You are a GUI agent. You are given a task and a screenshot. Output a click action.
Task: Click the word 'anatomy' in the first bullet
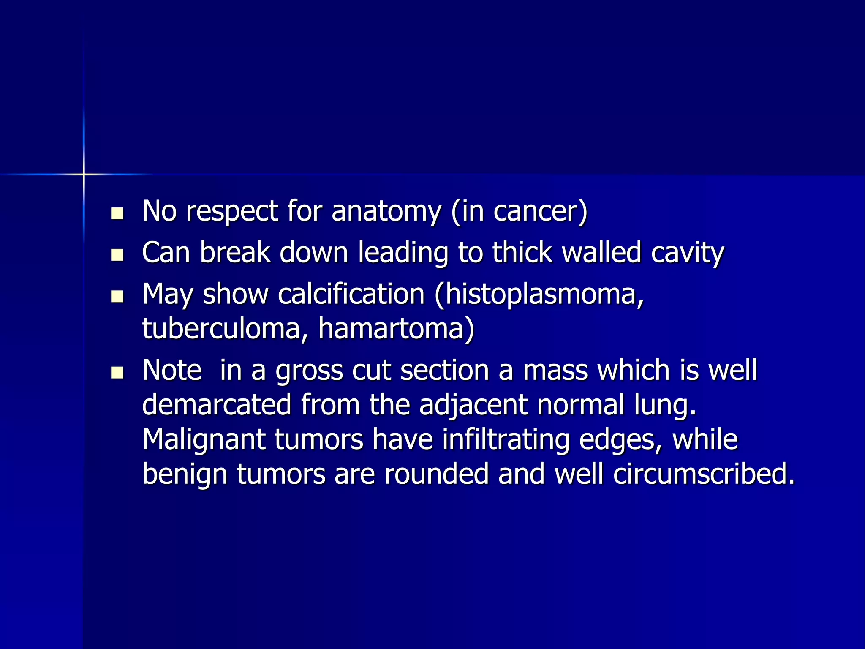[x=386, y=211]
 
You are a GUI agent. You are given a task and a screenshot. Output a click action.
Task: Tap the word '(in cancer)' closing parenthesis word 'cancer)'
[x=540, y=211]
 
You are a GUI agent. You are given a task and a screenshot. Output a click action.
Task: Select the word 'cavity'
[x=687, y=253]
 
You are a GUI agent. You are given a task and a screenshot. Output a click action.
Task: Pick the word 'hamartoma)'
[x=396, y=328]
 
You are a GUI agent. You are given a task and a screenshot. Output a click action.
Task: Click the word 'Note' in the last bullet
[x=172, y=370]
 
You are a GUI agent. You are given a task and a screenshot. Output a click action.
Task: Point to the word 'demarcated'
[x=216, y=405]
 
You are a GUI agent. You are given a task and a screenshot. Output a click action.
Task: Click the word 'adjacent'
[x=473, y=405]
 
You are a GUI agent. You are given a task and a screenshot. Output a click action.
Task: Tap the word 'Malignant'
[x=204, y=439]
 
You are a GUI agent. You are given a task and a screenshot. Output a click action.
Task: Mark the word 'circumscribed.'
[x=704, y=474]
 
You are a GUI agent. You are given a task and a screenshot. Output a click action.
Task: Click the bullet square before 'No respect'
[x=117, y=213]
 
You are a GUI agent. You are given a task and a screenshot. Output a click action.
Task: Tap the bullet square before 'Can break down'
[x=117, y=255]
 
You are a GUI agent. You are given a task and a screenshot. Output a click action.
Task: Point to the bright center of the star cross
[x=84, y=174]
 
